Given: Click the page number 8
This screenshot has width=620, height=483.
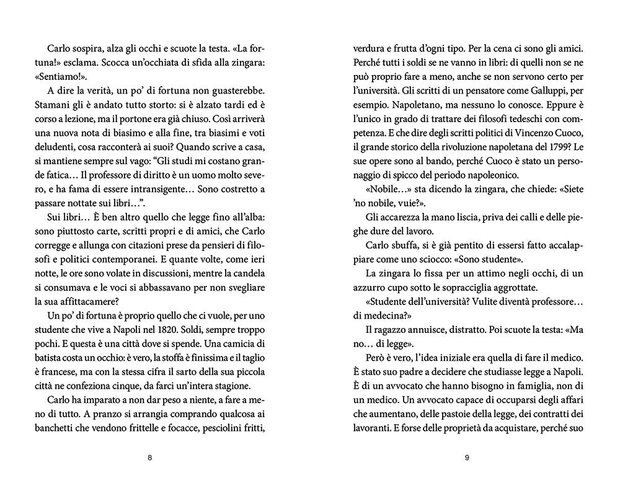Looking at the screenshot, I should tap(149, 458).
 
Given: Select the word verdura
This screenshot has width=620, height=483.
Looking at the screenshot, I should tap(370, 48).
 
